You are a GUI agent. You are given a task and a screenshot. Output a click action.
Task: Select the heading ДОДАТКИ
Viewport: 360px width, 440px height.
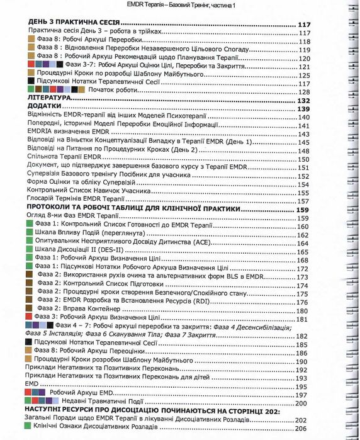pyautogui.click(x=43, y=109)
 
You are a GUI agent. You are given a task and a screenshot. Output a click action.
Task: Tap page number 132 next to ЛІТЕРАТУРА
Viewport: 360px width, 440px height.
pyautogui.click(x=305, y=100)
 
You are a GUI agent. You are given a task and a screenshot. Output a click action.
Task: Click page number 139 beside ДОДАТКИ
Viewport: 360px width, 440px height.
pyautogui.click(x=305, y=109)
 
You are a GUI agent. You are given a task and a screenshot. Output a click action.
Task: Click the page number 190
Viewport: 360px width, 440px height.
pyautogui.click(x=301, y=361)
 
